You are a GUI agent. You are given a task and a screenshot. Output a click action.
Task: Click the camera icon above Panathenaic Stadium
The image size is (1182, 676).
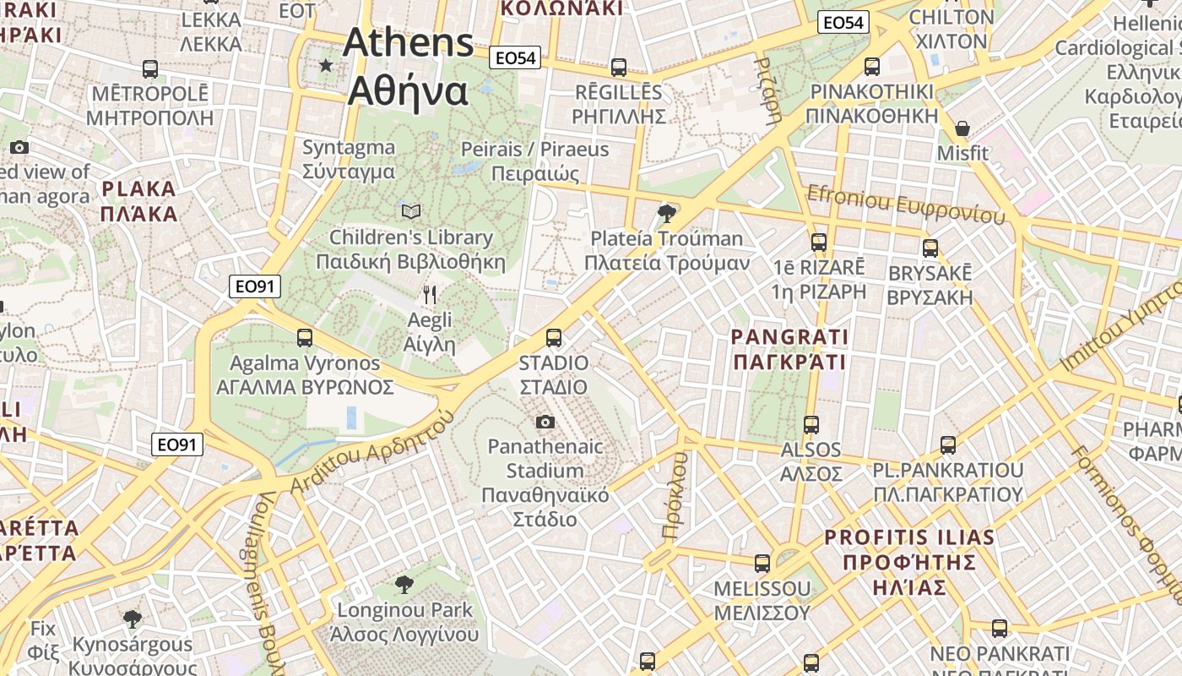point(545,422)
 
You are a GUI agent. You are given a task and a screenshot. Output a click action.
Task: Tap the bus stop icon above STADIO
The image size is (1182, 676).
point(554,338)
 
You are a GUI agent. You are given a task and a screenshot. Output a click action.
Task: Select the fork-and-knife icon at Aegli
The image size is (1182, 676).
point(430,295)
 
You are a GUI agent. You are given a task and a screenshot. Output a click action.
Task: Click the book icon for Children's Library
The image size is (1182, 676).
point(411,211)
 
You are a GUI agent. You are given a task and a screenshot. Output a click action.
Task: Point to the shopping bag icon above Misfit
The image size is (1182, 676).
point(962,128)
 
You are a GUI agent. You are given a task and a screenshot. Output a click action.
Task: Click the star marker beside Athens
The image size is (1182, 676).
point(326,65)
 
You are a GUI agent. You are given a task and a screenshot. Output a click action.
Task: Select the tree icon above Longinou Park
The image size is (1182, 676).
point(404,584)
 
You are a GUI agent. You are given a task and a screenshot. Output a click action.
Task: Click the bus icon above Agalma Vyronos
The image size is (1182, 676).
point(305,338)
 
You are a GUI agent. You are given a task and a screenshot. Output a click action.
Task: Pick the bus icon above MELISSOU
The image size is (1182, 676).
point(762,563)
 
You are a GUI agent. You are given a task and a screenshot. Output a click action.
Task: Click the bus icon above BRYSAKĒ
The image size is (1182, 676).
point(930,248)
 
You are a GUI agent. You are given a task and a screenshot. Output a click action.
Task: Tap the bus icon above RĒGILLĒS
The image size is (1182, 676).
point(619,68)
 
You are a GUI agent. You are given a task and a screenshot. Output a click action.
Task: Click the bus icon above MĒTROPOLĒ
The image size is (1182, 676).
point(150,69)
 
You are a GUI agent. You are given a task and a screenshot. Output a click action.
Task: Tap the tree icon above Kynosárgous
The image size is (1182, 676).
point(132,619)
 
